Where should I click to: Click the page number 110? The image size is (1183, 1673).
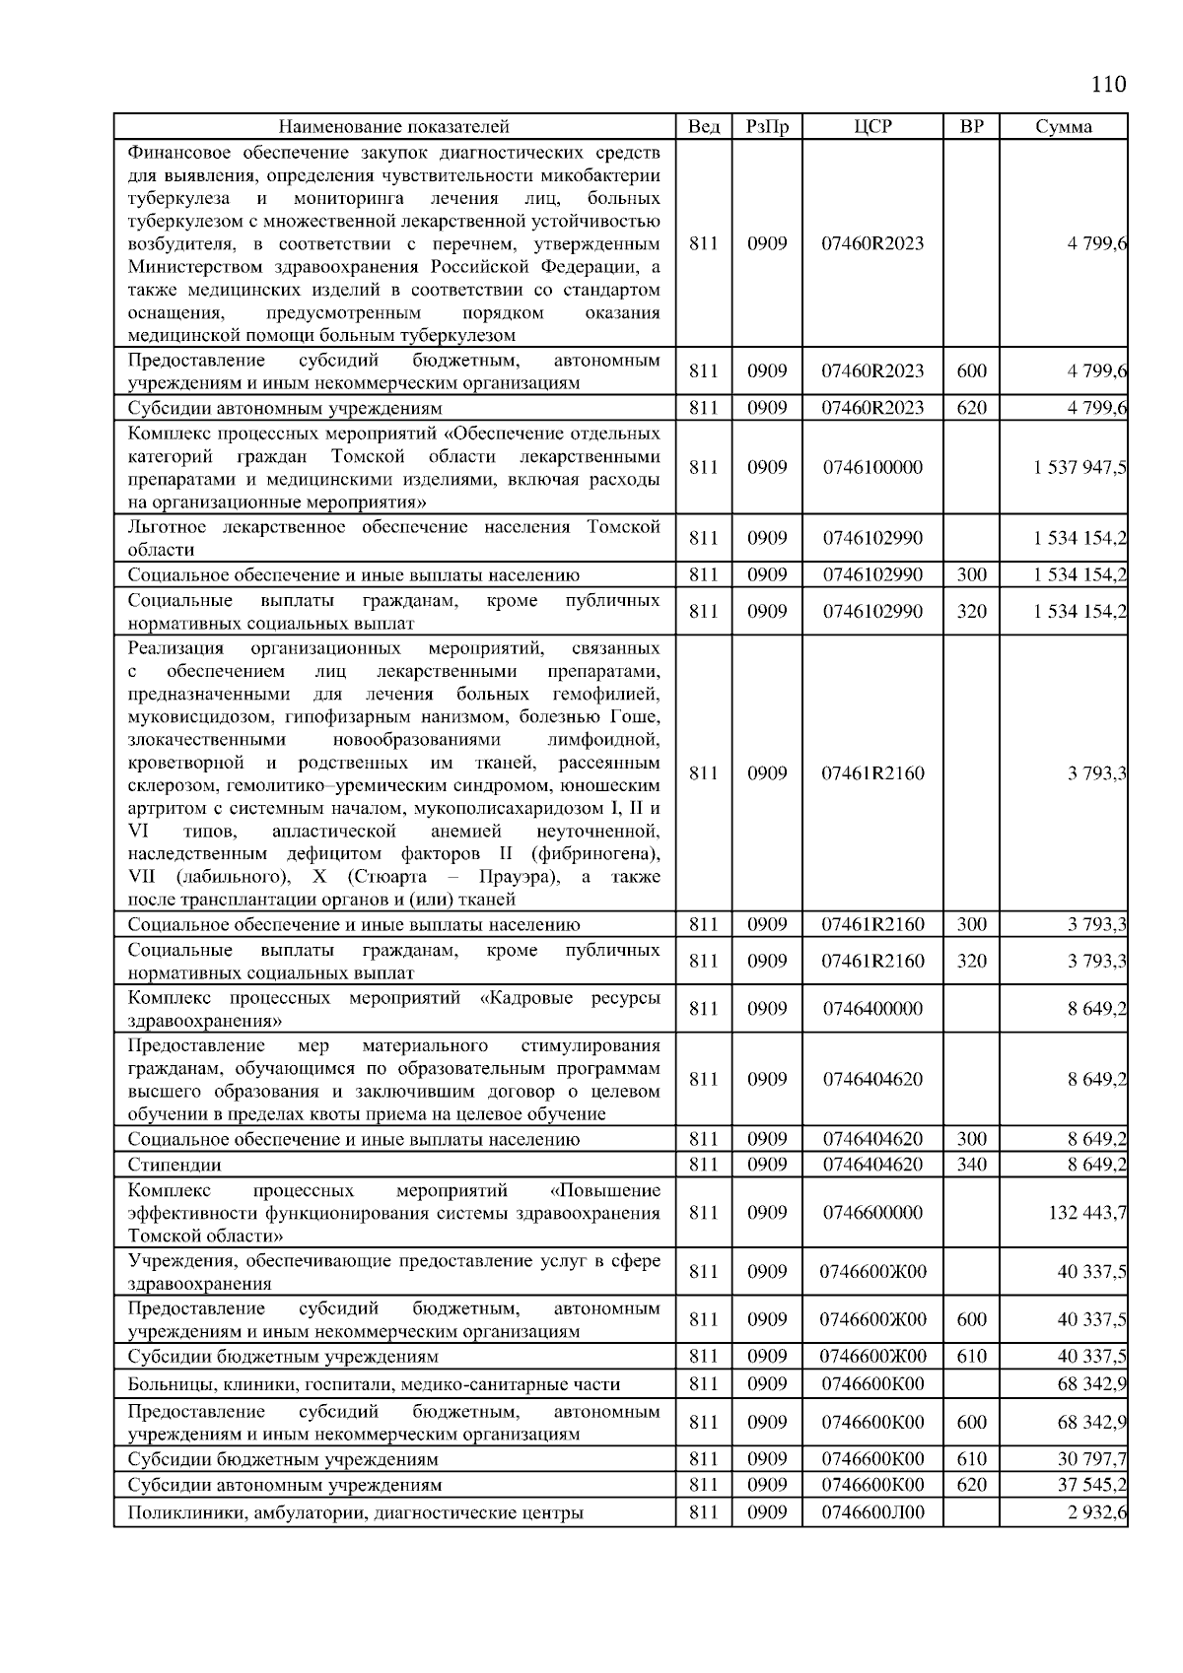tap(1108, 84)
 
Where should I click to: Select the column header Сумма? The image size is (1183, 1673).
tap(1063, 126)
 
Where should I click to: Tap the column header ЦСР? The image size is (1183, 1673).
tap(872, 126)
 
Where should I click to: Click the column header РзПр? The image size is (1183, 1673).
tap(767, 126)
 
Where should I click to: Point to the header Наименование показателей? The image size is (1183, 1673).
tap(393, 126)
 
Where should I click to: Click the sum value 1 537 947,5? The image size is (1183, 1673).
tap(1079, 467)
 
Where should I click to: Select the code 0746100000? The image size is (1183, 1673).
tap(872, 467)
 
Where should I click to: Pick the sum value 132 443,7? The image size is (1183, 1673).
tap(1087, 1212)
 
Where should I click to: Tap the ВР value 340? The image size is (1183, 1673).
tap(971, 1165)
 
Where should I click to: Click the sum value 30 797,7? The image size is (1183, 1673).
tap(1091, 1458)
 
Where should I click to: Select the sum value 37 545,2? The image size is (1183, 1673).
tap(1091, 1484)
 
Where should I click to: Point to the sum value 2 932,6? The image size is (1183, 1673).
tap(1096, 1512)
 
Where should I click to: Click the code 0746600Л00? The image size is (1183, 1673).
tap(872, 1512)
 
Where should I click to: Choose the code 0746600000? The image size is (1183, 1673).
tap(872, 1212)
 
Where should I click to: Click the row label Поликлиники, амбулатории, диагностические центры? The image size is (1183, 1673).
tap(355, 1512)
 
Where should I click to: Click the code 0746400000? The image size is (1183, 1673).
tap(872, 1008)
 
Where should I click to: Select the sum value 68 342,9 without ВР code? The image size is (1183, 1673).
tap(1091, 1383)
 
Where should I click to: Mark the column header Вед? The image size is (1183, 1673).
tap(703, 126)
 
